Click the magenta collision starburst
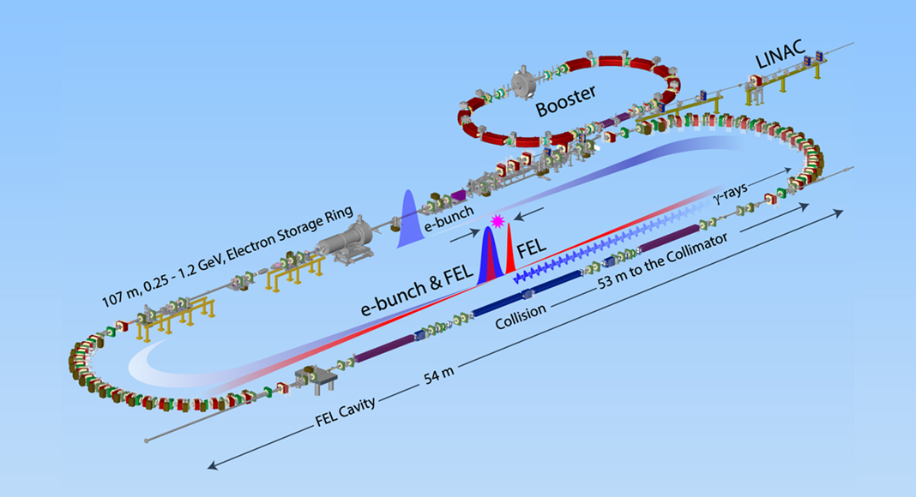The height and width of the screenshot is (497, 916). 494,222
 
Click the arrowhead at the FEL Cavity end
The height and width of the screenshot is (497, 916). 209,467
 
